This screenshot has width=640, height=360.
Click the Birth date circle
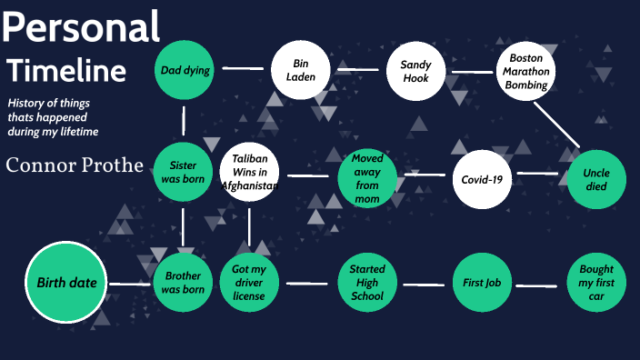click(x=66, y=283)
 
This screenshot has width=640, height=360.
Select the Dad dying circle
click(x=185, y=70)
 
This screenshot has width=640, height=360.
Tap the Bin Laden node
click(x=304, y=70)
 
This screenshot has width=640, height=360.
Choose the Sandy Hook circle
click(x=415, y=71)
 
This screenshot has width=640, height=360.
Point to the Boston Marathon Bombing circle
click(x=526, y=70)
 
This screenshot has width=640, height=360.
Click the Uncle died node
click(x=596, y=180)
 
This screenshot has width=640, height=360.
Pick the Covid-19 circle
click(x=482, y=179)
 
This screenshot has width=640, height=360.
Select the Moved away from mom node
click(x=366, y=178)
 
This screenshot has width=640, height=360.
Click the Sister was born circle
click(x=183, y=172)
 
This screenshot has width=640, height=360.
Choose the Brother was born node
click(x=183, y=283)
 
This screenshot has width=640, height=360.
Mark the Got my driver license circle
click(x=248, y=283)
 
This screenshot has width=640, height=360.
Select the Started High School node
click(x=366, y=283)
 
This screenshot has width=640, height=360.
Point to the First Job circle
click(x=482, y=283)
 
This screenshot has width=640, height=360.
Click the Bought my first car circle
click(x=596, y=283)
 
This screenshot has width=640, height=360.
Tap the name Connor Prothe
click(x=75, y=165)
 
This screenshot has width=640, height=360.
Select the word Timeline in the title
click(x=66, y=70)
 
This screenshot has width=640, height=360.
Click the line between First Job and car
click(x=539, y=285)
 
